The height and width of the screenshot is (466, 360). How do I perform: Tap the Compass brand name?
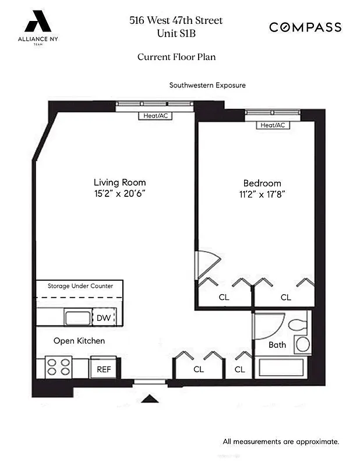coord(305,27)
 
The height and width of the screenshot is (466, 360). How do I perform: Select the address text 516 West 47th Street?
coord(176,21)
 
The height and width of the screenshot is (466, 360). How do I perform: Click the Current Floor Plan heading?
coord(177,57)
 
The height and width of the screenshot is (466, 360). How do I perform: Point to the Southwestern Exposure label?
coord(207,85)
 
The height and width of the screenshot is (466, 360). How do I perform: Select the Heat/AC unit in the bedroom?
coord(273,125)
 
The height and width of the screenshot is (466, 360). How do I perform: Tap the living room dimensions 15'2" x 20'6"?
coord(119,193)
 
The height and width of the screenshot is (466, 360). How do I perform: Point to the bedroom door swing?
coord(206,263)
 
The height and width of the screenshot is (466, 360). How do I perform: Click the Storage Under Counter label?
coord(80,286)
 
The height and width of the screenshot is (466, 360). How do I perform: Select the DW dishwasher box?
coord(104,317)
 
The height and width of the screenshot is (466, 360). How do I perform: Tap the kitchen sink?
coord(76,317)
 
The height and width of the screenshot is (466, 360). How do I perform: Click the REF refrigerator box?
coord(103,368)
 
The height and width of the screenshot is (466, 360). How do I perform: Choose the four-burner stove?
coord(58,367)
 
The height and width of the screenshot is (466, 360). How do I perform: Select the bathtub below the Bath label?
coord(280,368)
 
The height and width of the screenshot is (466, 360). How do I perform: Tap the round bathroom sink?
coord(302,344)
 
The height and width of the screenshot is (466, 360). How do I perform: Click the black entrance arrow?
coord(150,399)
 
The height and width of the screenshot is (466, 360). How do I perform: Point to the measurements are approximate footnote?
coord(281,442)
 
